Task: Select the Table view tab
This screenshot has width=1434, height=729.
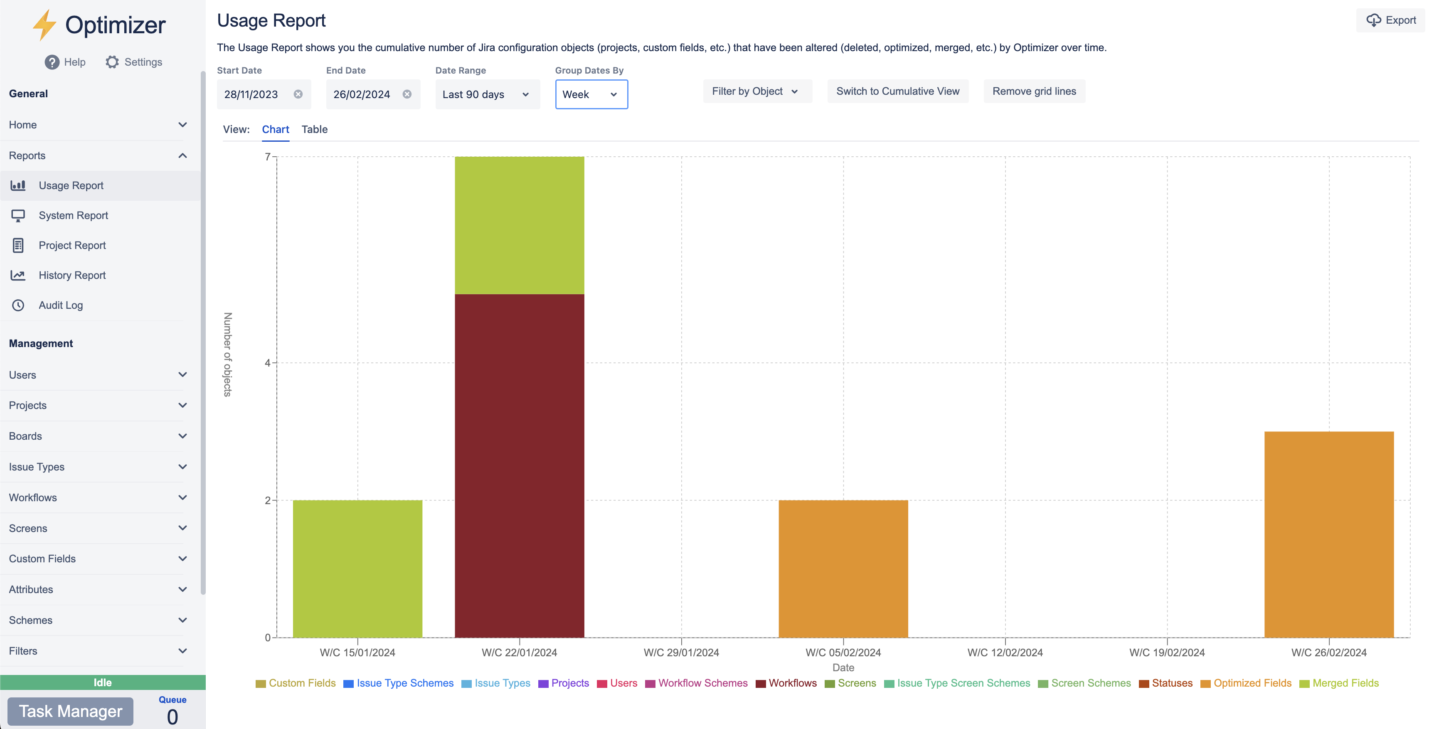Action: [315, 129]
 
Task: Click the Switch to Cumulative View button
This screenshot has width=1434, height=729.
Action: [897, 91]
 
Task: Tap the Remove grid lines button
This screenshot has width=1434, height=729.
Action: [1034, 91]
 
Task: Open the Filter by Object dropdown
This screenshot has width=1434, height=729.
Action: [756, 91]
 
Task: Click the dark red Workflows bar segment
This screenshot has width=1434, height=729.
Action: [520, 465]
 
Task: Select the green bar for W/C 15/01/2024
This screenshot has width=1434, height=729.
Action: [357, 568]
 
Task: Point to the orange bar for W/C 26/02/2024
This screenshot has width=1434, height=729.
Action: [1329, 534]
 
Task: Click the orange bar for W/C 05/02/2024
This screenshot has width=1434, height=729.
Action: [843, 568]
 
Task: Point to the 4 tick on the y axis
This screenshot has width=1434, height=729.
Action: [268, 363]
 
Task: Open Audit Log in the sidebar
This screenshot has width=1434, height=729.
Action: [61, 305]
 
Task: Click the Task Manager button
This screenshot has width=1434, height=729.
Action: [71, 711]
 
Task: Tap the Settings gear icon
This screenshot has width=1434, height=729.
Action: [112, 62]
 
